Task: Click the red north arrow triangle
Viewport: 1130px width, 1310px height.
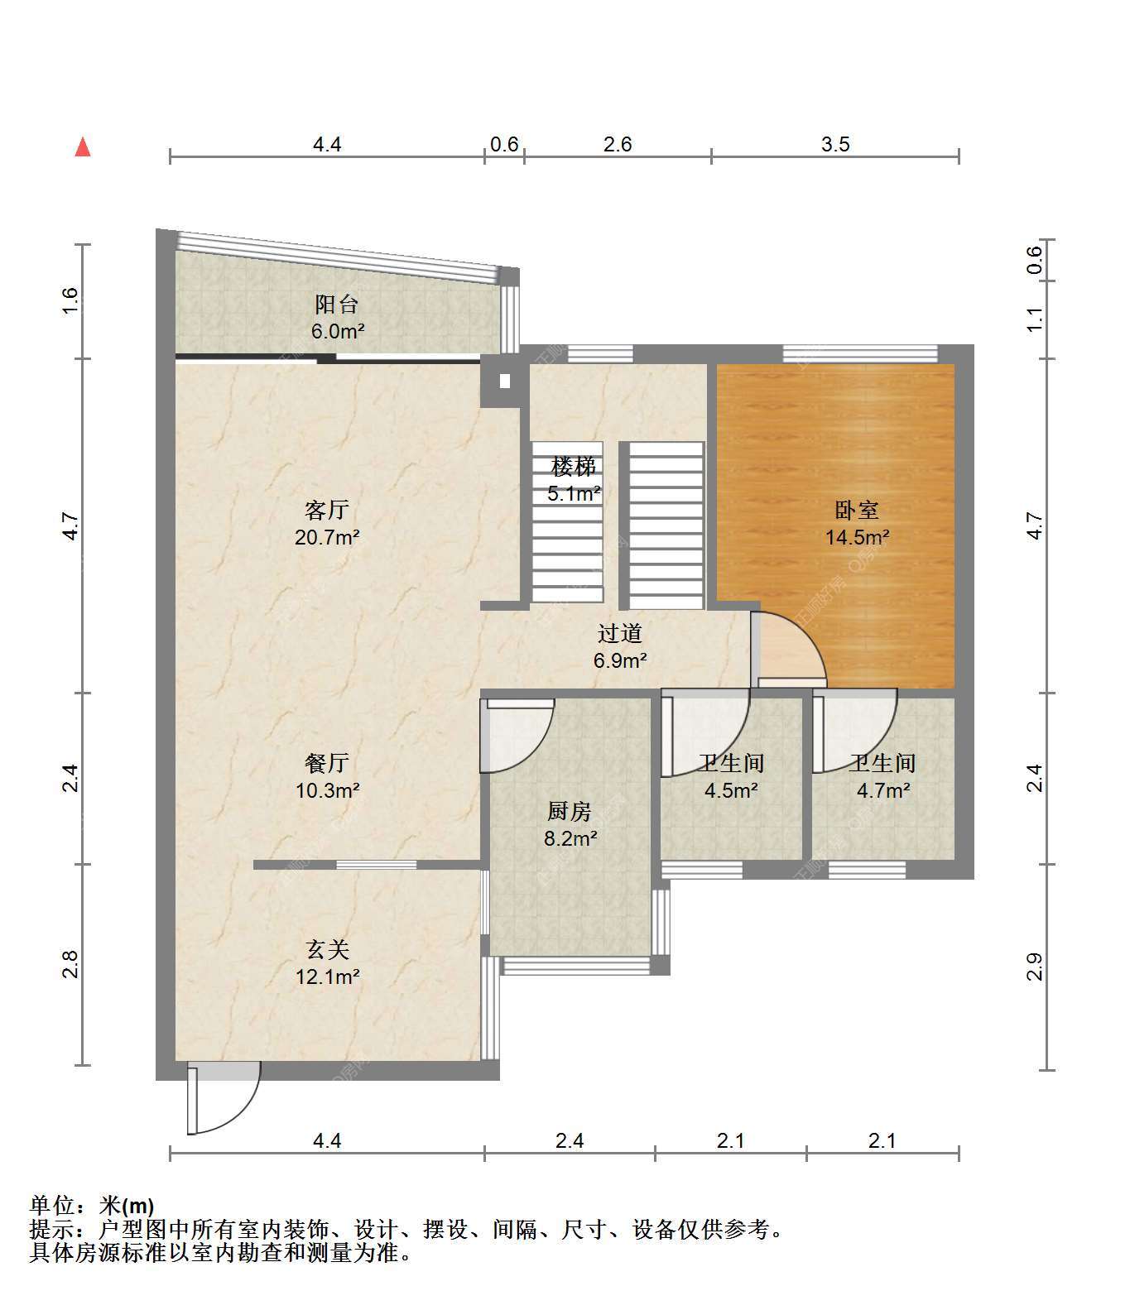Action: (83, 147)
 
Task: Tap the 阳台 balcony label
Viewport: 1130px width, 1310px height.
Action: (337, 304)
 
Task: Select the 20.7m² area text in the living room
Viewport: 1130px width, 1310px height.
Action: (327, 538)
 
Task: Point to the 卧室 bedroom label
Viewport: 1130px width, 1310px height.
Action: (857, 510)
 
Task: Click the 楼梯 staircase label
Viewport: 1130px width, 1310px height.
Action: (574, 467)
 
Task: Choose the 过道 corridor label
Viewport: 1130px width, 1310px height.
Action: (620, 634)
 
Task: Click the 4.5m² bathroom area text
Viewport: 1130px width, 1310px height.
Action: (731, 790)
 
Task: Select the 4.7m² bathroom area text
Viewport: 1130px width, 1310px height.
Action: (883, 790)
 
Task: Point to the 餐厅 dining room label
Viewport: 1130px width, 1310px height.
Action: (327, 762)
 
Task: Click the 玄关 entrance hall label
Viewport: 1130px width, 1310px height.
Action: (327, 948)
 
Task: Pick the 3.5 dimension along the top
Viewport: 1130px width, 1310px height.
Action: (835, 144)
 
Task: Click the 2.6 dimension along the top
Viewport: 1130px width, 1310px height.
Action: (618, 144)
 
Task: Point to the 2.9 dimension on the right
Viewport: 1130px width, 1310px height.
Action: (1035, 967)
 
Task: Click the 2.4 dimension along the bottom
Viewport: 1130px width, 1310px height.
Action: (570, 1141)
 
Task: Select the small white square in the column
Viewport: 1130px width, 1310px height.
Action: (504, 382)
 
